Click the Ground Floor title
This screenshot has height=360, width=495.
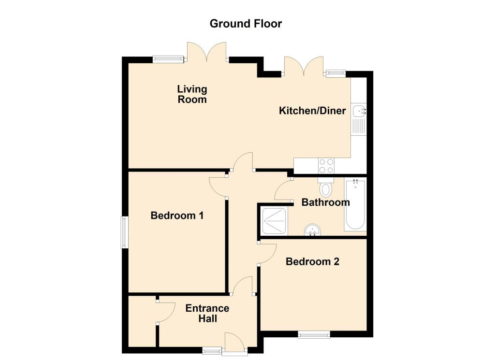pyautogui.click(x=246, y=23)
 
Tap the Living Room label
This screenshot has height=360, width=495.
pyautogui.click(x=192, y=94)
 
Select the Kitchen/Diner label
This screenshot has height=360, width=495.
pyautogui.click(x=312, y=111)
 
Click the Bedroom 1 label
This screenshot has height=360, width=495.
pyautogui.click(x=177, y=216)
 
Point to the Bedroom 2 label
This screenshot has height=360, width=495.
pyautogui.click(x=312, y=261)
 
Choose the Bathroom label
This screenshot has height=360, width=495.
pyautogui.click(x=325, y=202)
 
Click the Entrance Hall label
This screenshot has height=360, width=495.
pyautogui.click(x=207, y=313)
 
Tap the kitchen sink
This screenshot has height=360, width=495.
pyautogui.click(x=359, y=111)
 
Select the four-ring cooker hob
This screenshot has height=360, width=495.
pyautogui.click(x=326, y=166)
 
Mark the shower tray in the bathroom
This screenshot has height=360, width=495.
pyautogui.click(x=275, y=220)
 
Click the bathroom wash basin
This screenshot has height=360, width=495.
pyautogui.click(x=313, y=230)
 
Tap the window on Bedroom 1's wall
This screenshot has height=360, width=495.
pyautogui.click(x=124, y=232)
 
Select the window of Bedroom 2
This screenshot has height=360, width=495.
pyautogui.click(x=314, y=334)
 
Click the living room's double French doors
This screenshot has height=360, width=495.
pyautogui.click(x=207, y=52)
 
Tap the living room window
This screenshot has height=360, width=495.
pyautogui.click(x=168, y=59)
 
